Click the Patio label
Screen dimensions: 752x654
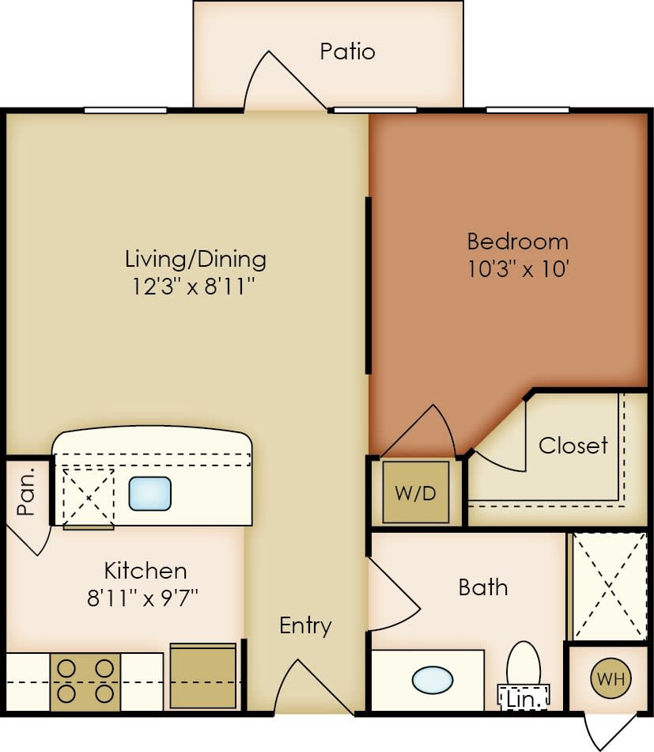pyautogui.click(x=347, y=52)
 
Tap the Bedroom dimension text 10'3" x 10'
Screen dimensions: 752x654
pyautogui.click(x=517, y=268)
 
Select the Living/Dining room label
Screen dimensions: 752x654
pyautogui.click(x=195, y=259)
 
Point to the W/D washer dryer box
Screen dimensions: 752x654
pyautogui.click(x=416, y=492)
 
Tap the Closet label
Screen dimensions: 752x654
pyautogui.click(x=573, y=446)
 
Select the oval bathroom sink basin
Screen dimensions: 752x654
pyautogui.click(x=433, y=679)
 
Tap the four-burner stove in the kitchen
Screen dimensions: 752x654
pyautogui.click(x=85, y=681)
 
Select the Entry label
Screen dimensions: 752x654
pyautogui.click(x=305, y=625)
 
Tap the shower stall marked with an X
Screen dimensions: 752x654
pyautogui.click(x=610, y=587)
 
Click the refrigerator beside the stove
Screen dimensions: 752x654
pyautogui.click(x=203, y=676)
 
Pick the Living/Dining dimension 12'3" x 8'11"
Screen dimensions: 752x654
pyautogui.click(x=195, y=285)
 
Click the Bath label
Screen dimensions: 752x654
pyautogui.click(x=483, y=587)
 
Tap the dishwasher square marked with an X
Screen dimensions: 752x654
pyautogui.click(x=88, y=496)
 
